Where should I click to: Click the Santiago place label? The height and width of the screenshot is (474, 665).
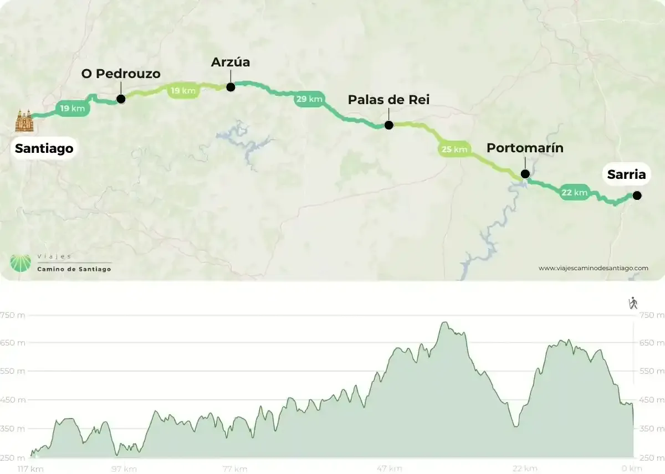(x=44, y=148)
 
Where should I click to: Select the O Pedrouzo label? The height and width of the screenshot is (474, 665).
(x=121, y=74)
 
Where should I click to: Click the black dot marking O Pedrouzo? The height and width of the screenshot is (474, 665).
(x=121, y=100)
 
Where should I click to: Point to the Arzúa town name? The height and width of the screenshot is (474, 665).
(x=231, y=62)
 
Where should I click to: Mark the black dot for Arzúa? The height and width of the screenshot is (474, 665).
(x=231, y=86)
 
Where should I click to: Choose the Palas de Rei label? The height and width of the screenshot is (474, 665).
(x=388, y=100)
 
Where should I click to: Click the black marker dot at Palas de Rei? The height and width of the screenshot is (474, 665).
(x=388, y=125)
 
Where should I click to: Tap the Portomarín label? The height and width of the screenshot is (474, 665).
(x=525, y=148)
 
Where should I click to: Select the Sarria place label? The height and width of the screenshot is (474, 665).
(x=626, y=174)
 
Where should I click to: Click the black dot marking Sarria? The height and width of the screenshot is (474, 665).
(x=637, y=195)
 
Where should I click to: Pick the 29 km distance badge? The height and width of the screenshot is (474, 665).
(x=309, y=100)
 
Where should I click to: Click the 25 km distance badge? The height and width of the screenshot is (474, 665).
(x=454, y=149)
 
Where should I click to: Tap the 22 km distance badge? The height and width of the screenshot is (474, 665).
(x=574, y=192)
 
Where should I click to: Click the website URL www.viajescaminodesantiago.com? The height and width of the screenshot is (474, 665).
(x=593, y=268)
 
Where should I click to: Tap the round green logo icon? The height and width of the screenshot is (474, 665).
(x=21, y=263)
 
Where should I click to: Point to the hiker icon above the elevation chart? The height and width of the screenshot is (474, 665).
(x=633, y=303)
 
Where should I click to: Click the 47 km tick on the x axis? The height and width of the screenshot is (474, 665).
(x=389, y=469)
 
